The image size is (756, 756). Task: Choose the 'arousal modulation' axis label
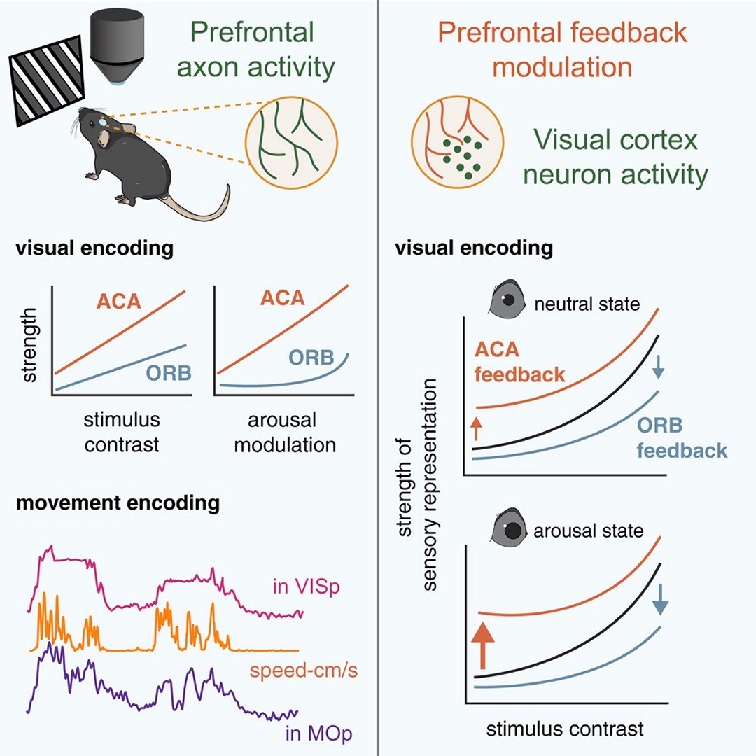pos(284,433)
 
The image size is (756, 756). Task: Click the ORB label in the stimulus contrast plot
pos(169,372)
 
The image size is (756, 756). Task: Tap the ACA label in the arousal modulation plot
pos(282,298)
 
